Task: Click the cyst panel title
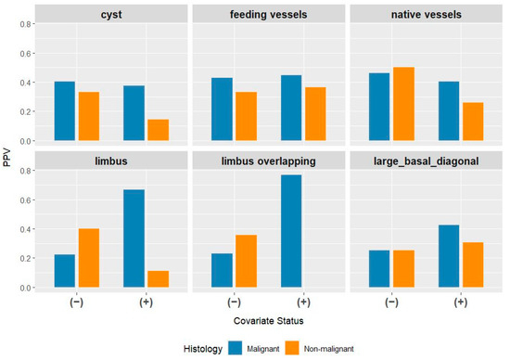(111, 15)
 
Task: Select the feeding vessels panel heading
(268, 14)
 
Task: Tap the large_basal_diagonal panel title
(427, 161)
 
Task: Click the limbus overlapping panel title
(268, 161)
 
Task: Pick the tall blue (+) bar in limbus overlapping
(291, 231)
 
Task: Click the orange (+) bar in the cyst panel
(158, 130)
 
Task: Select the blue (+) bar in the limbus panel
(134, 238)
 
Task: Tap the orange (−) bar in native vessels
(403, 104)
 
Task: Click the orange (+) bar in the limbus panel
(158, 279)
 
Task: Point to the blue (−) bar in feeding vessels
(222, 109)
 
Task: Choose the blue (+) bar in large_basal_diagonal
(449, 256)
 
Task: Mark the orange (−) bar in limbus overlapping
(247, 261)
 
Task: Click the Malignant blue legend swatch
(236, 348)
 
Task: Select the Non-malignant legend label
(328, 349)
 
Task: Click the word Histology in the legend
(203, 349)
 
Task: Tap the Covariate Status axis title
(268, 321)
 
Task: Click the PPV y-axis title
(6, 158)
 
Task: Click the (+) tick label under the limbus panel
(146, 302)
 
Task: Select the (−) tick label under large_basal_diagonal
(391, 302)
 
